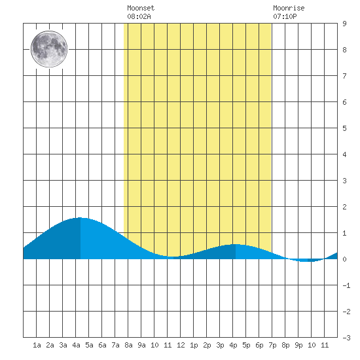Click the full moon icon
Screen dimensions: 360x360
[49, 49]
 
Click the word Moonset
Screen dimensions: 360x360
[141, 8]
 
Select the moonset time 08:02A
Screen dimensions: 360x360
[139, 16]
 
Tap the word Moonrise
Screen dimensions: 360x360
[289, 8]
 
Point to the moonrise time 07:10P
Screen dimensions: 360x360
[285, 16]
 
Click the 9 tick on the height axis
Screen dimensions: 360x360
[344, 24]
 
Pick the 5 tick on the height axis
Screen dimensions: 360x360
[344, 128]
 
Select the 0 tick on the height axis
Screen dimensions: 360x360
[344, 259]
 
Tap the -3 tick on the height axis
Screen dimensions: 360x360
[346, 338]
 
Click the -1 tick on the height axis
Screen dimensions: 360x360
[346, 285]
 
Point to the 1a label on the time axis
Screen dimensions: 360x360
[37, 345]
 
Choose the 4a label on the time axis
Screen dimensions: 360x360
[76, 345]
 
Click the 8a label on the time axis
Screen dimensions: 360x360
[128, 345]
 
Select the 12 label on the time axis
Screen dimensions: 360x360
[181, 345]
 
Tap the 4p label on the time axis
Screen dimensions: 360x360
[233, 345]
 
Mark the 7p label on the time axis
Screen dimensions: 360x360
[272, 345]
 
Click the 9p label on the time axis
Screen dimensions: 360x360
[298, 345]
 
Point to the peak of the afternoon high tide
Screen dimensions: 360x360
[236, 244]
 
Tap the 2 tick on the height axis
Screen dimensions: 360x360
[344, 207]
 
